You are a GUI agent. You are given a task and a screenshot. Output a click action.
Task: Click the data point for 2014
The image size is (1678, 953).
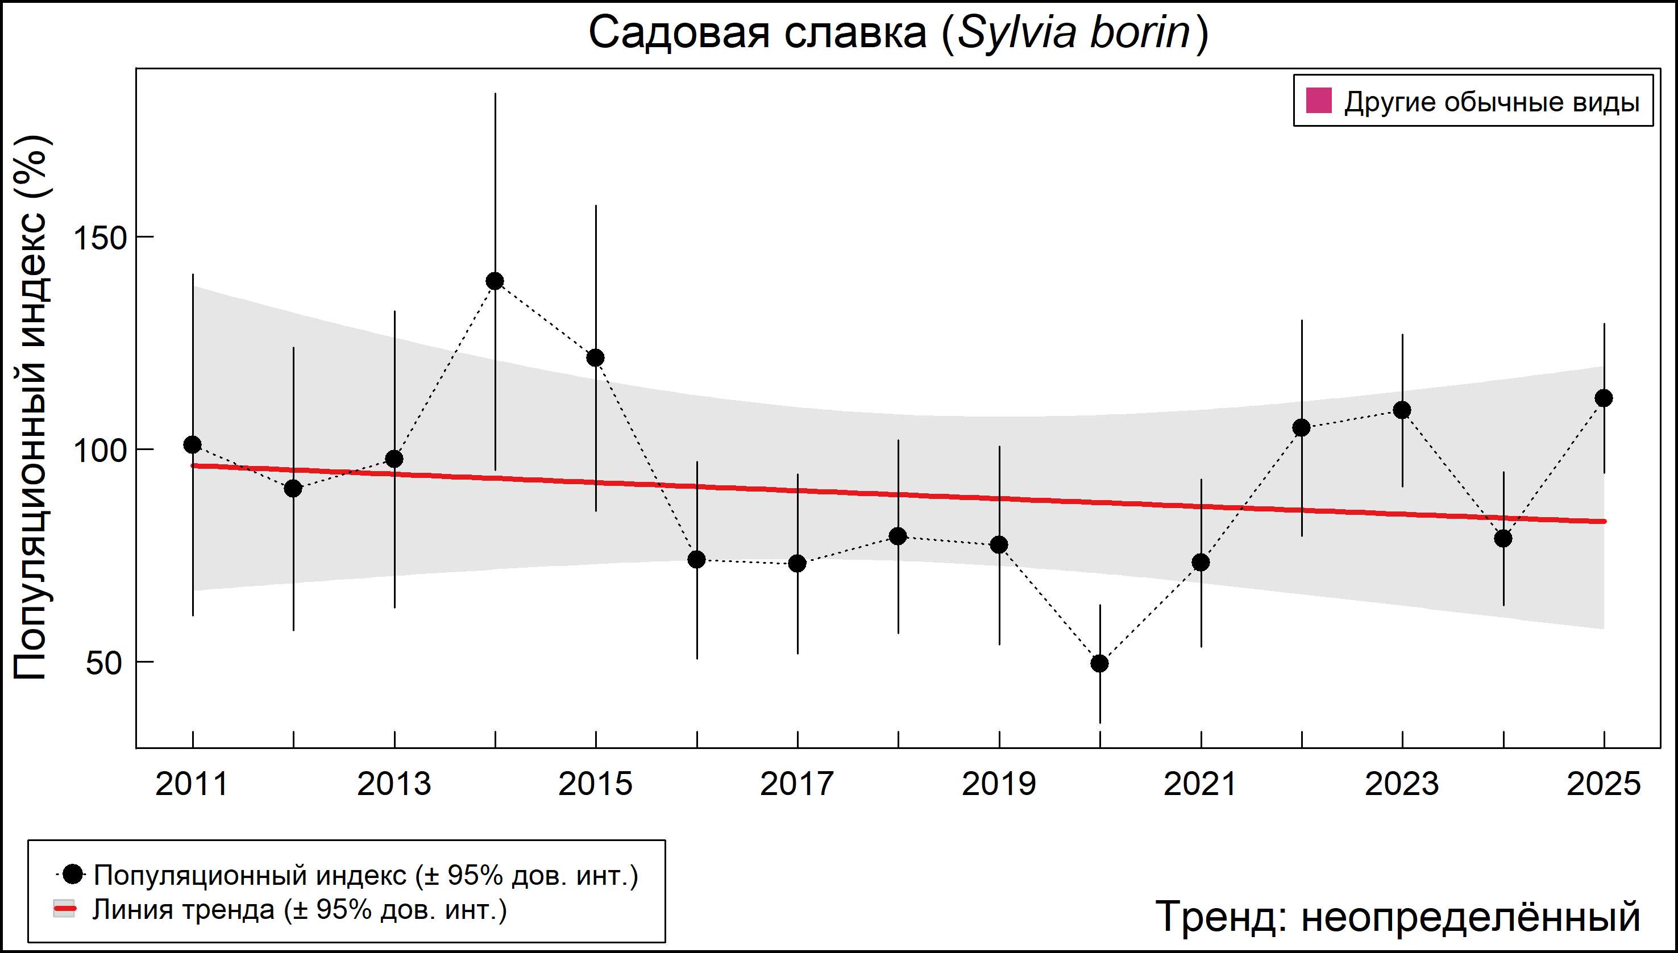click(x=495, y=281)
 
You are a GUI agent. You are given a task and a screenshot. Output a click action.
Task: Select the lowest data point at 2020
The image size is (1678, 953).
click(x=1100, y=664)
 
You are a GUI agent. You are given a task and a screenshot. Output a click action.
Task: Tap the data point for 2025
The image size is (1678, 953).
click(x=1604, y=398)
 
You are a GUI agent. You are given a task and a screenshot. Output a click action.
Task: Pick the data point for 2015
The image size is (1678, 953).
click(x=596, y=358)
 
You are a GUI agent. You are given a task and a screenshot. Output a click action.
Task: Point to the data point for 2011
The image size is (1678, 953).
click(x=193, y=445)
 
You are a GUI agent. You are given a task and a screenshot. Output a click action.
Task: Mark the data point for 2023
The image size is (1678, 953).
click(x=1402, y=410)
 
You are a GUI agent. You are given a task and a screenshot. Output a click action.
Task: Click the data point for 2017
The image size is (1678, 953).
click(x=798, y=564)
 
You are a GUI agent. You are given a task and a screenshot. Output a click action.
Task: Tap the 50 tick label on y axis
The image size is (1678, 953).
click(x=104, y=663)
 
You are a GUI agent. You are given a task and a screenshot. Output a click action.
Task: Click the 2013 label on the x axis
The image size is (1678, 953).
click(x=394, y=784)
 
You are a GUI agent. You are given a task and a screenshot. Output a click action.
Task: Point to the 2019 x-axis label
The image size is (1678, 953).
click(x=999, y=784)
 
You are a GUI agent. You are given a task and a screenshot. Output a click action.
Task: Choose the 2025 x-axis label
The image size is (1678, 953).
click(x=1604, y=784)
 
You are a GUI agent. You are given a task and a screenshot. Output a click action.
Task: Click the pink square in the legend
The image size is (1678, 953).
click(x=1319, y=102)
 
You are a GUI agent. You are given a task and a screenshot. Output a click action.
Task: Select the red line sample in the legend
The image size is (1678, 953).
click(x=65, y=909)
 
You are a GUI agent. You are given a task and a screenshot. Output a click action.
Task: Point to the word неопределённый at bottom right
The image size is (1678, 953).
click(x=1471, y=916)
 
